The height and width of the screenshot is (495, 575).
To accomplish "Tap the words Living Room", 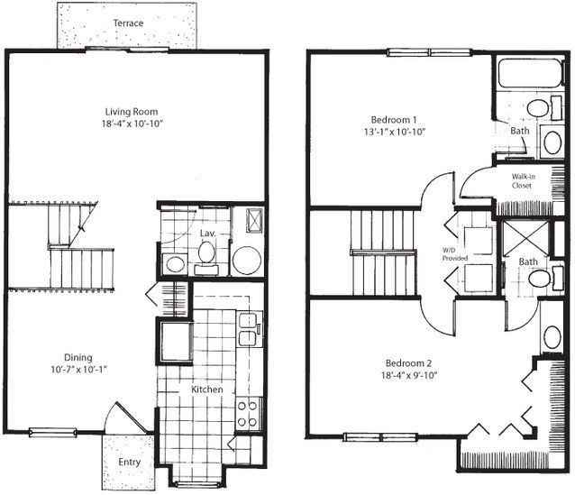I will click(x=126, y=113).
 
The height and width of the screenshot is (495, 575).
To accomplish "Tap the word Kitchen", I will click(x=207, y=390).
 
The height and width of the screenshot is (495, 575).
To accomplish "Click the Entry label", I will click(x=131, y=463).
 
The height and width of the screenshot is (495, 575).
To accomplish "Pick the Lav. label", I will click(x=207, y=234).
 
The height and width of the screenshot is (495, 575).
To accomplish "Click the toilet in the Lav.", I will click(x=205, y=257).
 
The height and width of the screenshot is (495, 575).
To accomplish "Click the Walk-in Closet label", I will click(x=523, y=180).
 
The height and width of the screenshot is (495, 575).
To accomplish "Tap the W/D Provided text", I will click(x=450, y=254).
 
